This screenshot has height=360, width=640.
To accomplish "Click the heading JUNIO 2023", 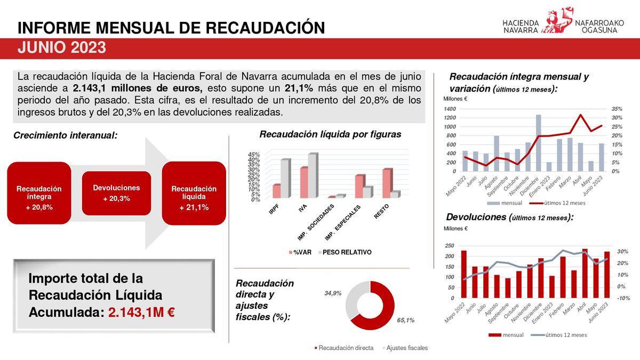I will pyautogui.click(x=61, y=49).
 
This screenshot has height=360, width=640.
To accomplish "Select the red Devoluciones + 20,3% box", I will pyautogui.click(x=116, y=193).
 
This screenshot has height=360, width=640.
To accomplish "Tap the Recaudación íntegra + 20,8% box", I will pyautogui.click(x=39, y=193).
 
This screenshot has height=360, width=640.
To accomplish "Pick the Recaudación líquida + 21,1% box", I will pyautogui.click(x=194, y=193).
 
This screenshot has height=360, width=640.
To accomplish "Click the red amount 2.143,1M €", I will pyautogui.click(x=141, y=312).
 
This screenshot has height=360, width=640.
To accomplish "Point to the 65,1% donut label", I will pyautogui.click(x=405, y=320).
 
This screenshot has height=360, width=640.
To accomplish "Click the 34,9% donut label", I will pyautogui.click(x=333, y=293).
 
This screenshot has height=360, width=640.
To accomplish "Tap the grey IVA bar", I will pyautogui.click(x=311, y=176).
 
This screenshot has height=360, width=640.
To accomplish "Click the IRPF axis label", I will pyautogui.click(x=274, y=210).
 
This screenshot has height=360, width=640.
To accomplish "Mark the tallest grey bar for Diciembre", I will pyautogui.click(x=538, y=142).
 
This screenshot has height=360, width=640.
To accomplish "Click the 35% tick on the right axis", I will pyautogui.click(x=617, y=109).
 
